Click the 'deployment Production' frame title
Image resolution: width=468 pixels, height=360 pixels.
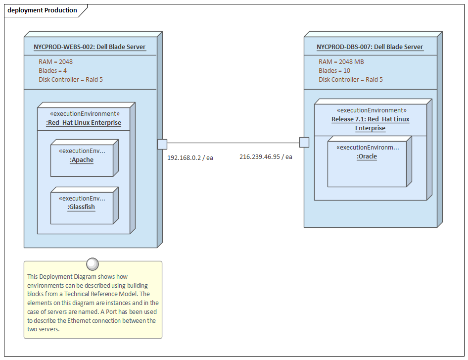pos(42,10)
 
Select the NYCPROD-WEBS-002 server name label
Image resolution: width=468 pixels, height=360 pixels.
pos(90,47)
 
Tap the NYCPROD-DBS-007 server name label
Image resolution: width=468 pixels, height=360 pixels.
pos(370,47)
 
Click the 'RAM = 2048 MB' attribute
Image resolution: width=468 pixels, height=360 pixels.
pos(341,62)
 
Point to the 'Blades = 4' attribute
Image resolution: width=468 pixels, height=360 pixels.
pos(52,71)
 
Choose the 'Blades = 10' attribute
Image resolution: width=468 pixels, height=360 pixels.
pos(334,71)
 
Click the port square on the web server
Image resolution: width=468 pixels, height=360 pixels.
pos(162,144)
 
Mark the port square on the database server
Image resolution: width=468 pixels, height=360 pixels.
pos(304,143)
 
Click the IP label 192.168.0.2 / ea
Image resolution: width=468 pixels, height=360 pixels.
pos(190,157)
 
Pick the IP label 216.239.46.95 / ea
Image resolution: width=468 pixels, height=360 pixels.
pos(266,156)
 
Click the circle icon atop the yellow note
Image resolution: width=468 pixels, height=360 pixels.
pos(93,264)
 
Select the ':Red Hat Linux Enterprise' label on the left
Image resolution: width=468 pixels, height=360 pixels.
pos(84,123)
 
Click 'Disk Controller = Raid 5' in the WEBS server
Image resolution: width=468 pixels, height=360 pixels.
pos(71,80)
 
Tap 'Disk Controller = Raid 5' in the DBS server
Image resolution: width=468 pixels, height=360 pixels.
pos(350,80)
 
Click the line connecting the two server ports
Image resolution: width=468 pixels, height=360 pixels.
pos(233,144)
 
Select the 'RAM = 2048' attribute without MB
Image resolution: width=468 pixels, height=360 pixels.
pos(55,62)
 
